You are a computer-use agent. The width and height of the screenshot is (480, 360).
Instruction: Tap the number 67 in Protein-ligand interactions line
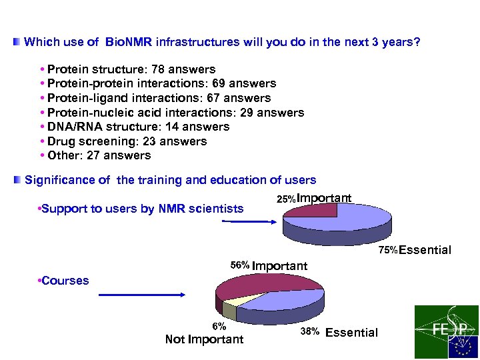[x=214, y=98]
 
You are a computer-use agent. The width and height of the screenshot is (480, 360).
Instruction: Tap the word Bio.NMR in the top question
[x=129, y=43]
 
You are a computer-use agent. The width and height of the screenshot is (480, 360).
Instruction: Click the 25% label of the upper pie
[x=286, y=199]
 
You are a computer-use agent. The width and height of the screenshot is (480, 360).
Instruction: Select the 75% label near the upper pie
[x=388, y=251]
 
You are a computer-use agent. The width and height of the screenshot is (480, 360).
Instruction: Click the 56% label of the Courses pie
[x=240, y=265]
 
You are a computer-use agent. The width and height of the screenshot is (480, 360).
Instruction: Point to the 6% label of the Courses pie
[x=219, y=327]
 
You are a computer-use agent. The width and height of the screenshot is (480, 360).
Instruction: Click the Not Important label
[x=204, y=340]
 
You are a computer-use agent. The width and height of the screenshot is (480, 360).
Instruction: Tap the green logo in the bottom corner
[x=446, y=331]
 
